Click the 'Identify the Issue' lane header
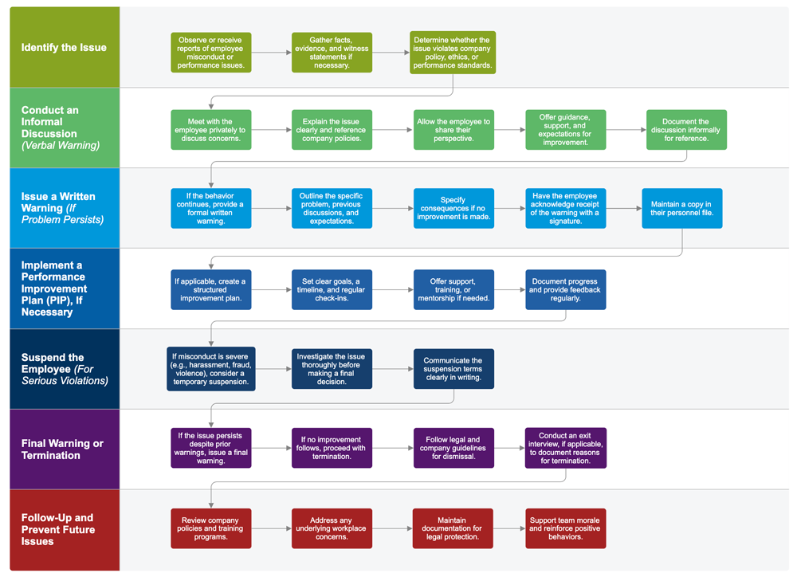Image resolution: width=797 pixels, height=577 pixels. (x=64, y=48)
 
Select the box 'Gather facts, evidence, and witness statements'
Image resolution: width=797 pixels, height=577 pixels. (x=332, y=53)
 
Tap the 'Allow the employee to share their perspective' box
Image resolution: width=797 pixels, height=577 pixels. (x=453, y=130)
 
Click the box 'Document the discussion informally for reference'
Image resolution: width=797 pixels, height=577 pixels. (x=685, y=130)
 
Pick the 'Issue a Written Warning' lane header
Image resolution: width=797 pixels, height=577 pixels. (x=64, y=208)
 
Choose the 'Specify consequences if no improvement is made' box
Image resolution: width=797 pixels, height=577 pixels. (x=453, y=209)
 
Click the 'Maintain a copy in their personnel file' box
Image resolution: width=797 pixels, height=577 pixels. (x=681, y=209)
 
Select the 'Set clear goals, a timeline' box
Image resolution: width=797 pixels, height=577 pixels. (x=332, y=290)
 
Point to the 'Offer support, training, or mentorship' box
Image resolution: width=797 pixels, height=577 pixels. (x=453, y=290)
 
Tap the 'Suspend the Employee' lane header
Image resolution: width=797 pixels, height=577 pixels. (x=64, y=369)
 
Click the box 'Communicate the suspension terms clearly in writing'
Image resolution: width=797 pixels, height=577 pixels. (x=453, y=369)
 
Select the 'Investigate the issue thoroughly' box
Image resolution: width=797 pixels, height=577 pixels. (x=332, y=369)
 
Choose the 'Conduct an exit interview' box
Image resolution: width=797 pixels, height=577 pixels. (x=565, y=448)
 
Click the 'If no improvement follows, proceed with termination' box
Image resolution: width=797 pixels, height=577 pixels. (x=332, y=448)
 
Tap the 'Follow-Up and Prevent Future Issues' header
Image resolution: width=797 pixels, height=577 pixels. (x=64, y=529)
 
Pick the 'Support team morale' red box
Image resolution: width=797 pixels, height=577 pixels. (x=565, y=528)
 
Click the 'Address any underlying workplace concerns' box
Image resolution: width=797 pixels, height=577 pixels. (x=332, y=528)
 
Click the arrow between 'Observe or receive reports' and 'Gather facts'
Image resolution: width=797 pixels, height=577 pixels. (x=271, y=53)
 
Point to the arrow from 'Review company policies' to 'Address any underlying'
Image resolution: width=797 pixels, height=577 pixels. (x=271, y=528)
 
